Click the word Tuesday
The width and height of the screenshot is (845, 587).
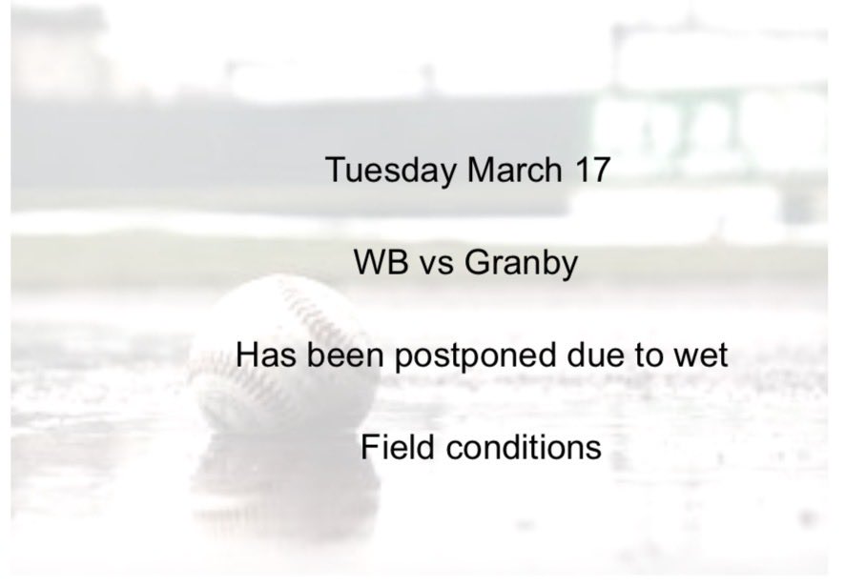pyautogui.click(x=391, y=171)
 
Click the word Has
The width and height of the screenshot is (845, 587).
pyautogui.click(x=265, y=355)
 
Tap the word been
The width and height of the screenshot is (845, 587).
pyautogui.click(x=338, y=355)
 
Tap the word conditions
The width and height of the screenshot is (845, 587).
pyautogui.click(x=521, y=447)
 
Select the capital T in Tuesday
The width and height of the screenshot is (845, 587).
pyautogui.click(x=336, y=170)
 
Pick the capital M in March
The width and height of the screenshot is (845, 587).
pyautogui.click(x=480, y=170)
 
